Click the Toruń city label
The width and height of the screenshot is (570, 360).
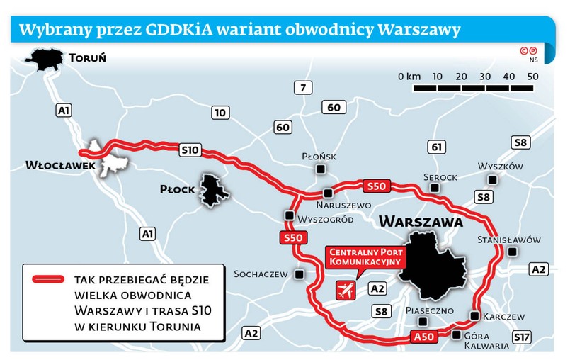point(88,57)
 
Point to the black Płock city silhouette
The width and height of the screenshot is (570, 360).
point(211,191)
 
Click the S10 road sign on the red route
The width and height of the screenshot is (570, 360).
point(190,150)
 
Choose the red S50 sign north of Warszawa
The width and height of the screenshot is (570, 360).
point(376,186)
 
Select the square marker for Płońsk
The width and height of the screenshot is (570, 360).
point(321,169)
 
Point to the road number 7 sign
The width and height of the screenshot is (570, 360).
point(303,88)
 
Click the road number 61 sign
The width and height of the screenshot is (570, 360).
point(437,147)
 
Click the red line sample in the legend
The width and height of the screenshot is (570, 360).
point(49,280)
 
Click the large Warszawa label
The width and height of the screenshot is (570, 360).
point(421,221)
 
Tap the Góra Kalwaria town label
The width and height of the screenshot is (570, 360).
point(486,341)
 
